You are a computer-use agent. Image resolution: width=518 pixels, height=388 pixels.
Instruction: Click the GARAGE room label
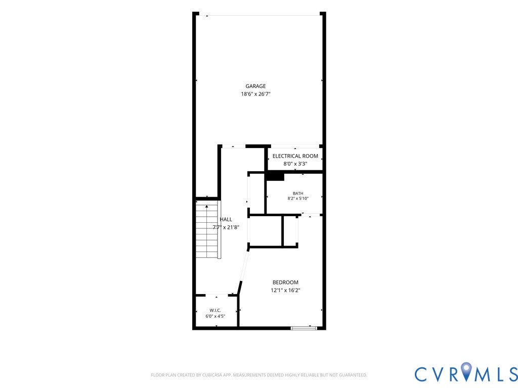coord(255,86)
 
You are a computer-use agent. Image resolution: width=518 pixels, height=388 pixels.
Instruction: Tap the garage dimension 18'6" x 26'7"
coord(255,94)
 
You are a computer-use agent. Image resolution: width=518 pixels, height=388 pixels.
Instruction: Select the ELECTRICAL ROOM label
coord(295,156)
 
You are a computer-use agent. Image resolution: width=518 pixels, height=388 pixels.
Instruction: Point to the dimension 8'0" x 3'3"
coord(295,164)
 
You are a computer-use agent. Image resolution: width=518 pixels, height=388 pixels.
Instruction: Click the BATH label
coord(298,193)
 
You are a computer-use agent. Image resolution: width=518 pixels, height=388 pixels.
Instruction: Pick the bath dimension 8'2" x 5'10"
coord(298,199)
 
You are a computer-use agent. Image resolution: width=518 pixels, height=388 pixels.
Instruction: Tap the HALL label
coord(226,219)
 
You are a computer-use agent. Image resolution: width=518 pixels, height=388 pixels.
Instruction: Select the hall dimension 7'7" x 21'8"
coord(226,227)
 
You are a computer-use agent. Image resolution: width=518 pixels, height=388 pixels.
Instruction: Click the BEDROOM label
coord(285,282)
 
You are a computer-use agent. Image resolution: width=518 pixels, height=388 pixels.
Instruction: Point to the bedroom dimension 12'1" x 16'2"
coord(285,290)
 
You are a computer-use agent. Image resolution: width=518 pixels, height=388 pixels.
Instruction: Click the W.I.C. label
coord(215,311)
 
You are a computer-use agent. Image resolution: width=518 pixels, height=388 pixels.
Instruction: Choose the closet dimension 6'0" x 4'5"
coord(215,316)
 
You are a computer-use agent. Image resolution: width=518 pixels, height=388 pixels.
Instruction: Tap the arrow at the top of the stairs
coord(207,207)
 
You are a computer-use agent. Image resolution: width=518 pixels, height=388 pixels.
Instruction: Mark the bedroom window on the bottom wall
coord(304,328)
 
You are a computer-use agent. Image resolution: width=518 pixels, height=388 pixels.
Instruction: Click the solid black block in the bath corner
coord(275,177)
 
